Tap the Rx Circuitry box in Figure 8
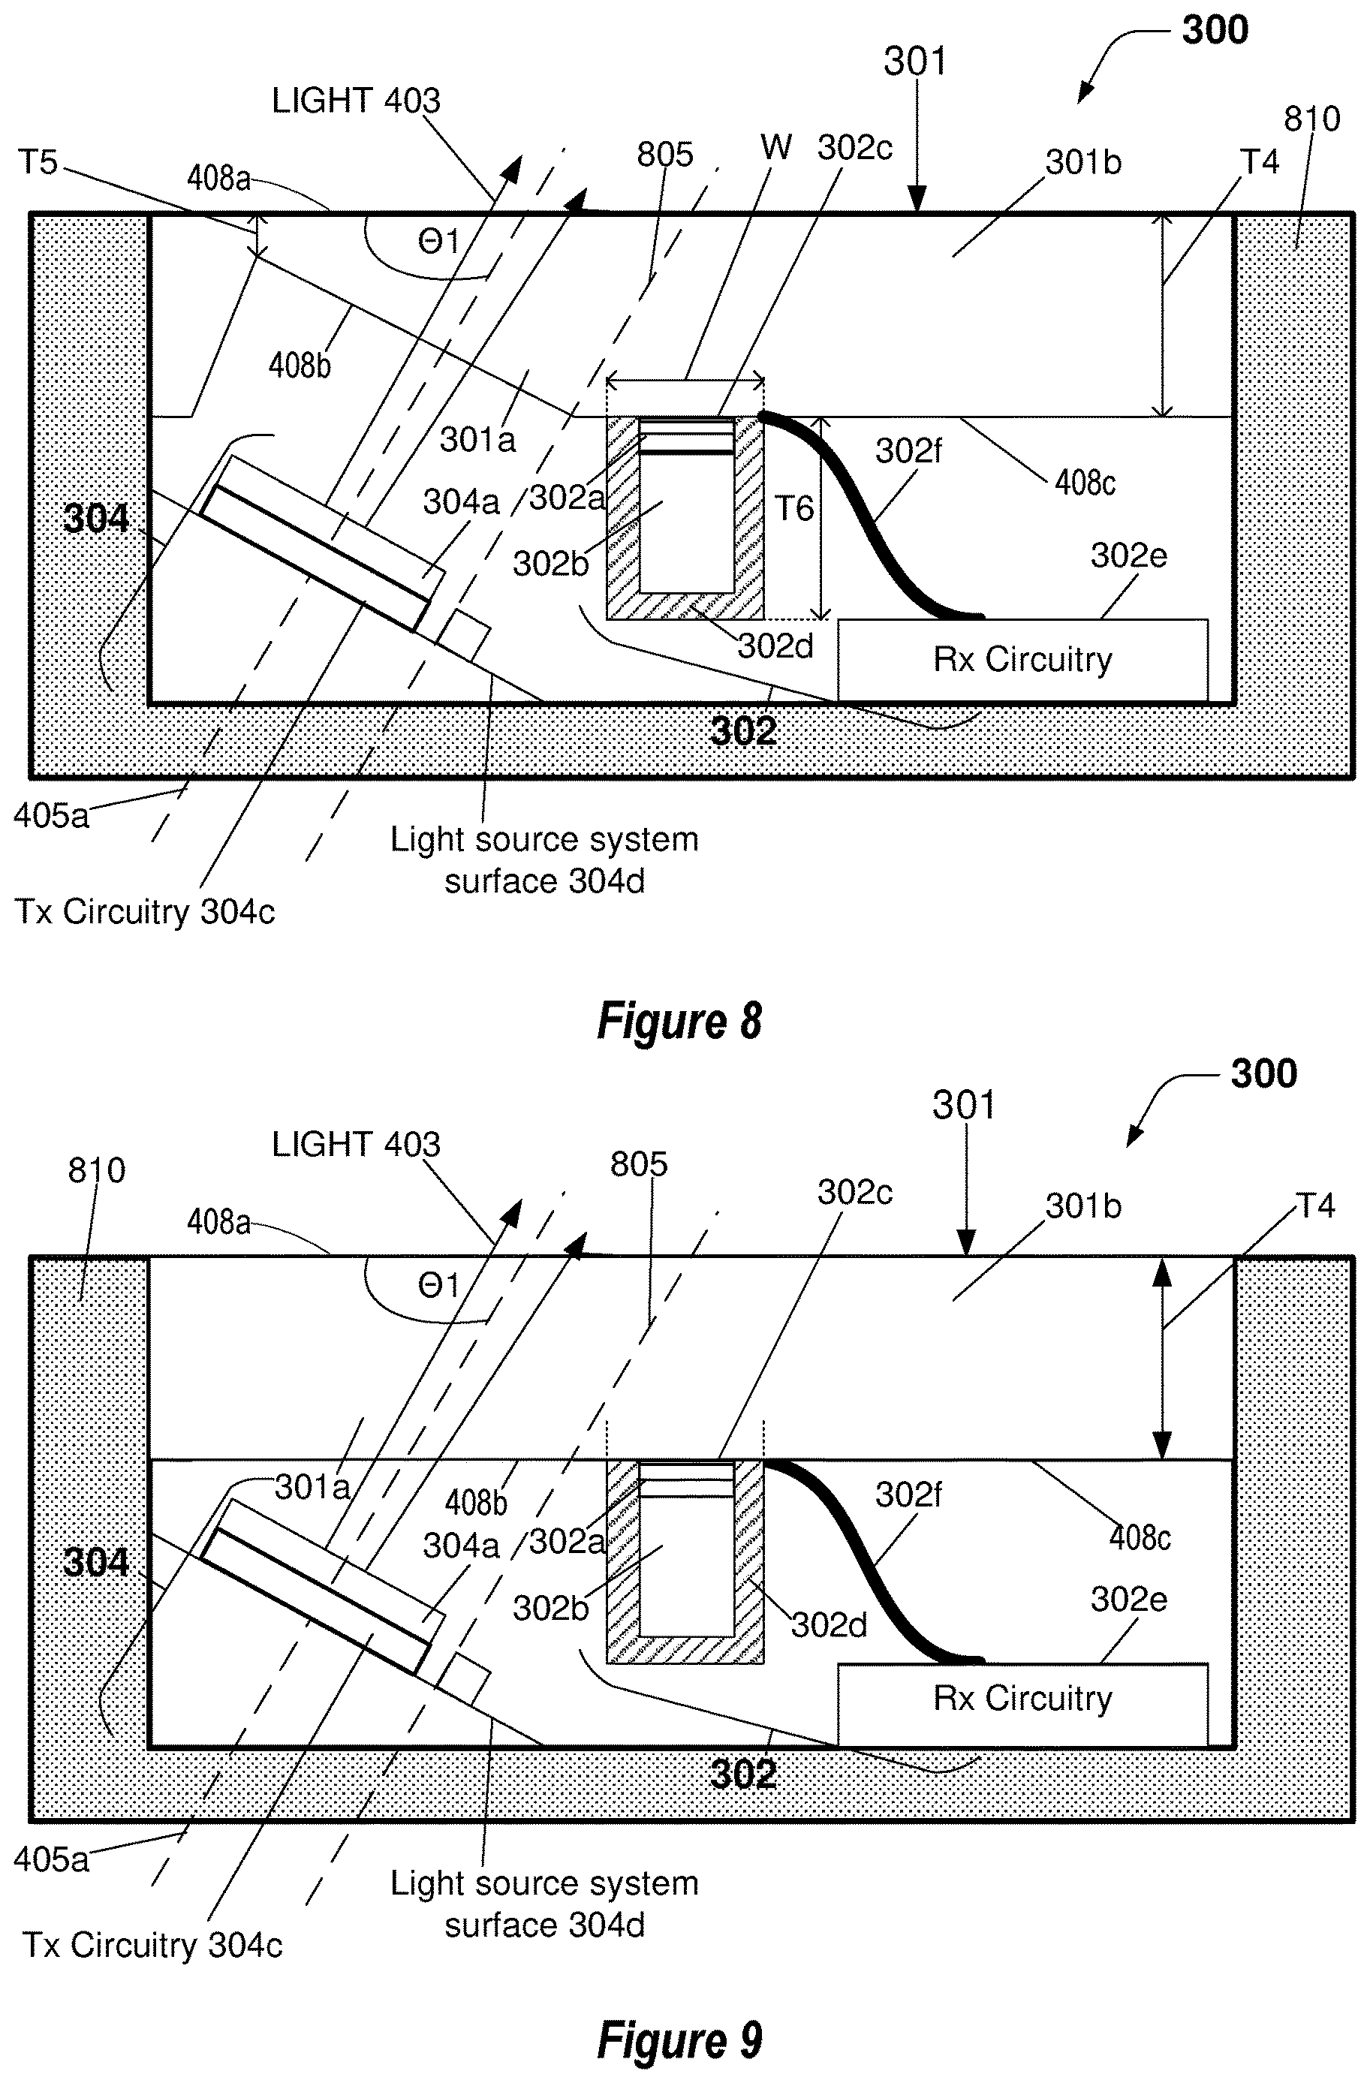(1022, 660)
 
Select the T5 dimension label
(37, 162)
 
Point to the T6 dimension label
(794, 507)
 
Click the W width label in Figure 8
(775, 147)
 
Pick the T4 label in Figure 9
(1315, 1206)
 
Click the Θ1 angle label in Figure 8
(438, 241)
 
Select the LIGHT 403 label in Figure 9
(357, 1144)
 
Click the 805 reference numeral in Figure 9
(639, 1164)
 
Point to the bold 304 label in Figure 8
(96, 519)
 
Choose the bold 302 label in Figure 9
(743, 1774)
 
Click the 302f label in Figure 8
(908, 450)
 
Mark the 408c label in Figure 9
(1140, 1537)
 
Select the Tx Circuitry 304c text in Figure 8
(146, 912)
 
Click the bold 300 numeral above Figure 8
(1215, 30)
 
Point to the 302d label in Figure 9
(829, 1625)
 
